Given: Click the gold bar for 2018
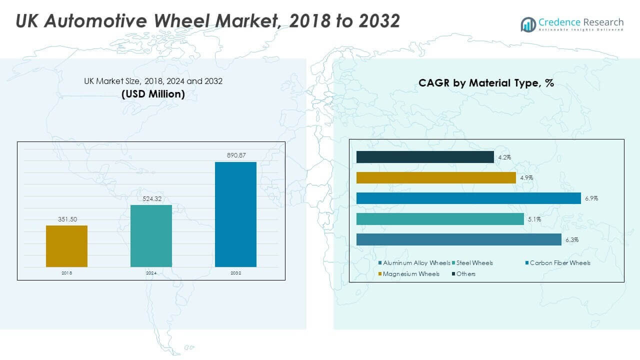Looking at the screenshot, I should click(x=66, y=246).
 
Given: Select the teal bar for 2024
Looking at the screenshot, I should click(x=151, y=235).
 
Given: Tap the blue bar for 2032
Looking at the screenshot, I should click(x=235, y=214).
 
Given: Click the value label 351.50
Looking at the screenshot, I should click(x=66, y=219).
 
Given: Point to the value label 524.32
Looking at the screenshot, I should click(x=151, y=198).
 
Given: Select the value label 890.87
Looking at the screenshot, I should click(x=235, y=155).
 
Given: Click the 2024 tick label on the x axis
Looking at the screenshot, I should click(x=151, y=273).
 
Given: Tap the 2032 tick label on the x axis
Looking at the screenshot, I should click(x=235, y=273).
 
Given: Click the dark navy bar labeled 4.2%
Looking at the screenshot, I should click(x=425, y=157).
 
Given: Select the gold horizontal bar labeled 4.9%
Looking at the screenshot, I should click(x=436, y=178).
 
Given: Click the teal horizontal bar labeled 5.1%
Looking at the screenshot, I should click(x=440, y=219).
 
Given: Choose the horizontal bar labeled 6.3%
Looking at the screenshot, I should click(x=458, y=239).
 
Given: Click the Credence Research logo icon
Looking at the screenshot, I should click(x=528, y=24).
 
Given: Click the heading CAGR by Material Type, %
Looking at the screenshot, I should click(x=486, y=83).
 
